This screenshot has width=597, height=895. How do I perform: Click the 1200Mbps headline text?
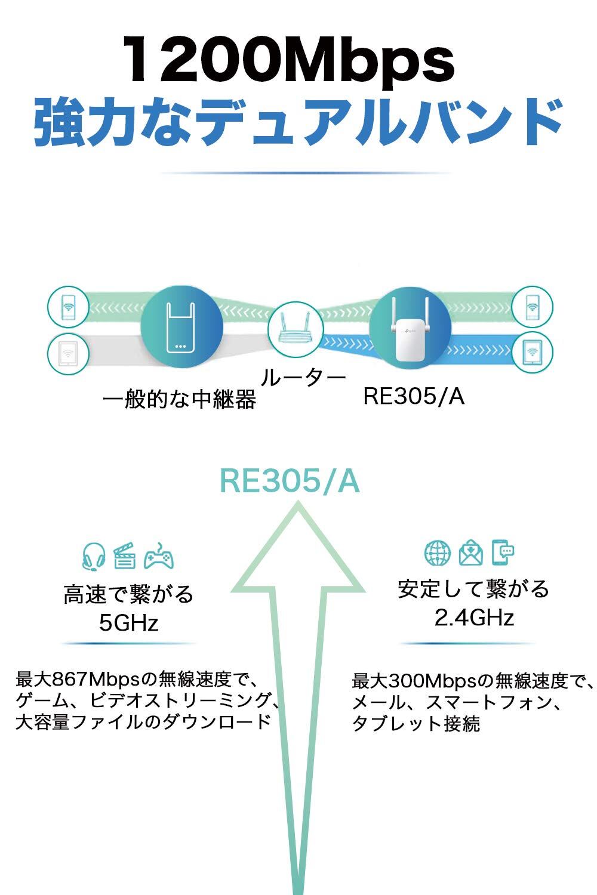(289, 61)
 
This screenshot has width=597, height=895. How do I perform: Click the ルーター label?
(304, 378)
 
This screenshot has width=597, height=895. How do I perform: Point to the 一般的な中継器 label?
(180, 399)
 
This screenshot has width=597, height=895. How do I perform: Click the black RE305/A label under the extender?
(414, 396)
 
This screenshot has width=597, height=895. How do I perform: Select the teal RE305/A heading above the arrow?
(290, 481)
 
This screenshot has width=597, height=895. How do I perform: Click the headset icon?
(93, 556)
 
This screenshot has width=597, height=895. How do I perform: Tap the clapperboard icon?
(125, 556)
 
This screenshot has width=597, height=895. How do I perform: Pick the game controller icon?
(158, 556)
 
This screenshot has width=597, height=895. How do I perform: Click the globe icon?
(438, 553)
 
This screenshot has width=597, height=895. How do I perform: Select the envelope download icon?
(470, 553)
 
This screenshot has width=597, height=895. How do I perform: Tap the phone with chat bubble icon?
(503, 553)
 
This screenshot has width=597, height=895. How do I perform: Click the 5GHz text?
(128, 624)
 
